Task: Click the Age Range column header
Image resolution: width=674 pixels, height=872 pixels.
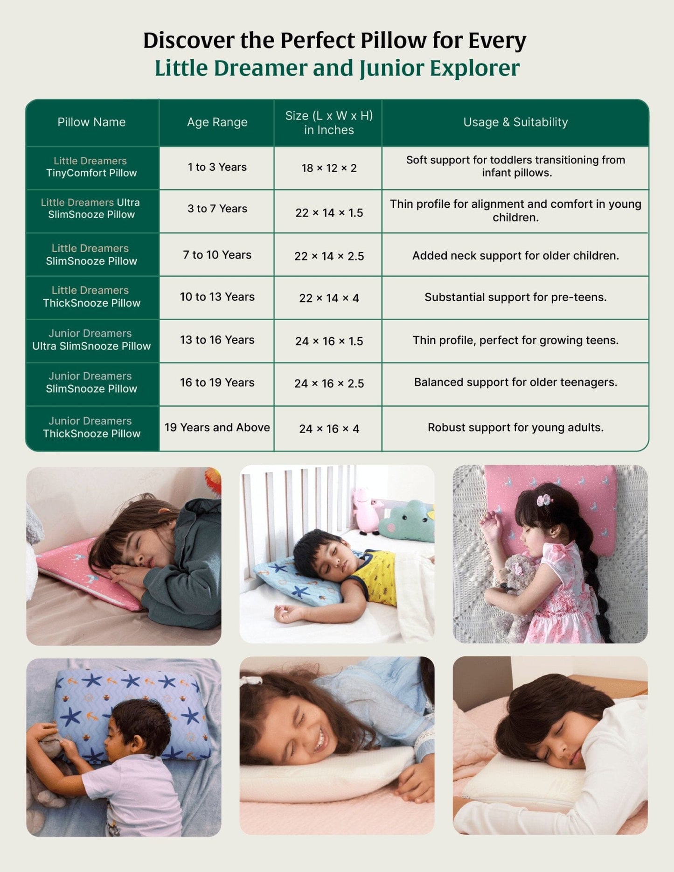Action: [217, 122]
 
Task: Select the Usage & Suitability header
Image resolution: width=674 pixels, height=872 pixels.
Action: [515, 122]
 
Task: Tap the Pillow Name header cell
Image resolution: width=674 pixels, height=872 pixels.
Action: [91, 122]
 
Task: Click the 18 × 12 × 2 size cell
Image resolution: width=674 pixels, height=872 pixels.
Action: [329, 168]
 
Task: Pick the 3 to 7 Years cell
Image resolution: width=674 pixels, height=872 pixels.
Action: [217, 209]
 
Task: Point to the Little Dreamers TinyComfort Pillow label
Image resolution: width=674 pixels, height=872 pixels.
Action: [91, 167]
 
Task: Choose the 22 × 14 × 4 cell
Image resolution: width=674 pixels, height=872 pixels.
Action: [329, 298]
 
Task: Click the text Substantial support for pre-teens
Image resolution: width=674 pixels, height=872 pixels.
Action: [515, 297]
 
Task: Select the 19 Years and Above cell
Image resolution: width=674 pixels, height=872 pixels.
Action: [217, 428]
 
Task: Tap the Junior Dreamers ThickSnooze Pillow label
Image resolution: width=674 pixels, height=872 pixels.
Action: [91, 427]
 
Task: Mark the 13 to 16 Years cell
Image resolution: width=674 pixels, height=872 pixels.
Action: [217, 340]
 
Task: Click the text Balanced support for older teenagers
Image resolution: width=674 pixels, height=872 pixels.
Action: [515, 382]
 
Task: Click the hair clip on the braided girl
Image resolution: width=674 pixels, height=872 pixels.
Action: [544, 500]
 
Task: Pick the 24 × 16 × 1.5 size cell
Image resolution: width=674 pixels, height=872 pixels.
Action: [329, 341]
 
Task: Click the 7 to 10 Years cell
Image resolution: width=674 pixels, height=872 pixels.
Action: [217, 255]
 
